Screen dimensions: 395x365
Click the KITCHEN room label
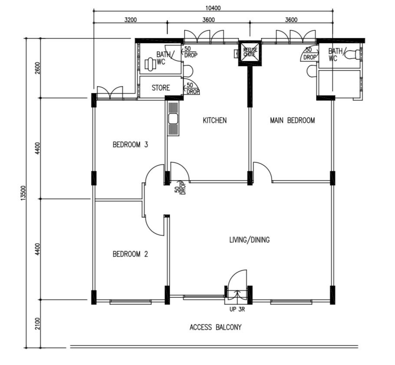pyautogui.click(x=214, y=120)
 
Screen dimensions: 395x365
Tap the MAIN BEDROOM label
pyautogui.click(x=293, y=120)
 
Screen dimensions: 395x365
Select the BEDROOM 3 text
pyautogui.click(x=130, y=145)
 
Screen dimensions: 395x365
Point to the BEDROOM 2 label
pyautogui.click(x=130, y=254)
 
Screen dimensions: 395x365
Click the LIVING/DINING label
pyautogui.click(x=250, y=240)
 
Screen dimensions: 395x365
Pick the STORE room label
pyautogui.click(x=161, y=88)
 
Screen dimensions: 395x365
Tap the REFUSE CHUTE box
pyautogui.click(x=250, y=53)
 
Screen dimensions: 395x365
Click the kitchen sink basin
pyautogui.click(x=173, y=119)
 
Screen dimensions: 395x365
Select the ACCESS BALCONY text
pyautogui.click(x=215, y=327)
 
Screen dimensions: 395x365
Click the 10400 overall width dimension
pyautogui.click(x=213, y=8)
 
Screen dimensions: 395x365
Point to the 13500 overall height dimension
pyautogui.click(x=23, y=193)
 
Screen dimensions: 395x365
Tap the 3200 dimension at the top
pyautogui.click(x=131, y=20)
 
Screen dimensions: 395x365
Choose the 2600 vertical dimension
pyautogui.click(x=37, y=68)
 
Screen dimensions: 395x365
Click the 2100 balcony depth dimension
pyautogui.click(x=37, y=324)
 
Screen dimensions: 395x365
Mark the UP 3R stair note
pyautogui.click(x=237, y=310)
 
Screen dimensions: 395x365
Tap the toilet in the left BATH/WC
pyautogui.click(x=150, y=65)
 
